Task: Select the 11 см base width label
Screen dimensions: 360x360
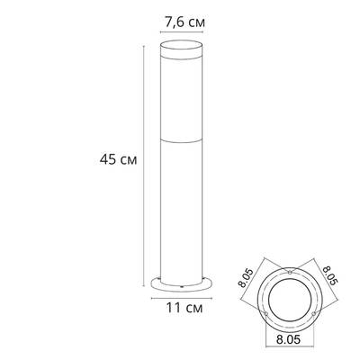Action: click(184, 308)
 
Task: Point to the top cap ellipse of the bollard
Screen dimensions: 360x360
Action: click(183, 47)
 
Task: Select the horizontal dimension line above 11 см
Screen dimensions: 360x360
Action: click(183, 297)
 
